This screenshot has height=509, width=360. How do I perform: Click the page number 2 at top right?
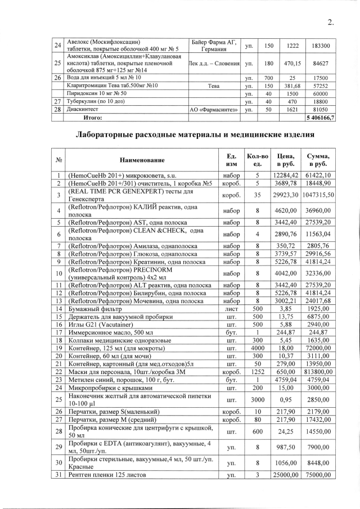(x=331, y=23)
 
